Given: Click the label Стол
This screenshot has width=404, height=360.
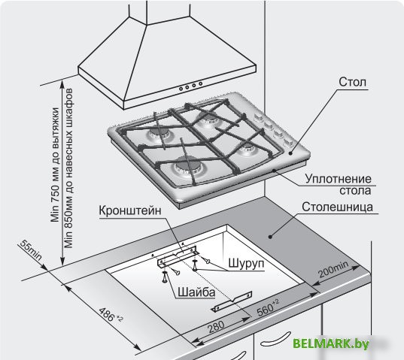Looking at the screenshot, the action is point(352,82).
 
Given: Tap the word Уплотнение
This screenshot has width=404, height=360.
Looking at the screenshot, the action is point(338,179).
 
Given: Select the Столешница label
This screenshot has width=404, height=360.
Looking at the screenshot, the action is point(337,207).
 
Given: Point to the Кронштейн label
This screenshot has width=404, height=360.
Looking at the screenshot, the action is point(130,210).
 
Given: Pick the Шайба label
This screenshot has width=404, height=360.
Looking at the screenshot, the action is point(196,292).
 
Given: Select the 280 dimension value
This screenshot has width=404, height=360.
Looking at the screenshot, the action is point(216,326).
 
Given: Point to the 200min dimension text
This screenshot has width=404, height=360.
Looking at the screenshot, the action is point(333,269).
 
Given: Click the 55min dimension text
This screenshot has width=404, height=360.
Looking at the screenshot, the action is point(30,250).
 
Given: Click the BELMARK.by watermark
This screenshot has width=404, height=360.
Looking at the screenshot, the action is point(331,343).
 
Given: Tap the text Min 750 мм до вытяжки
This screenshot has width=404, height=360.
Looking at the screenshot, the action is point(55,165).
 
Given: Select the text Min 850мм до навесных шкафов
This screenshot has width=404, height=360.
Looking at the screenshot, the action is point(68,168).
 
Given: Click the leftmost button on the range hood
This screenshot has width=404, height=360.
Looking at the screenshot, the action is point(181,89).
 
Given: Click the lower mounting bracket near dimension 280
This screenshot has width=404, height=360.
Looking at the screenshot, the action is point(232,301).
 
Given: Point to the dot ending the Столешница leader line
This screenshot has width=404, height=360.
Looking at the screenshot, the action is point(270,237).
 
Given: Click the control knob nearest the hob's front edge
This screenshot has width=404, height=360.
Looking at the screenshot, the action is point(287,142).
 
